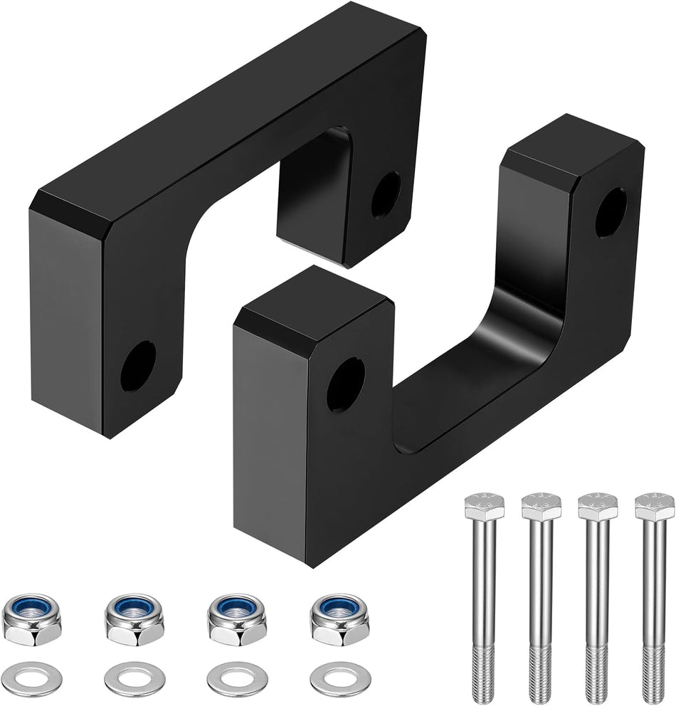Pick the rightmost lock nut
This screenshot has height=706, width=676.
339,618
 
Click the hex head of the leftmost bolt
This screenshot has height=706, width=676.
484,507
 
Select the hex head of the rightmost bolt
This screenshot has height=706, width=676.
654,507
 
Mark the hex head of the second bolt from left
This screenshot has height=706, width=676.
541,507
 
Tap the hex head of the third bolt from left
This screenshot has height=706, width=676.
597,507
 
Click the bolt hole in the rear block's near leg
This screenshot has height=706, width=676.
137,365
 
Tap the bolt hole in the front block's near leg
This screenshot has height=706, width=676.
345,385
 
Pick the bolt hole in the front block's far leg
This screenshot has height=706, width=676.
610,213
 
